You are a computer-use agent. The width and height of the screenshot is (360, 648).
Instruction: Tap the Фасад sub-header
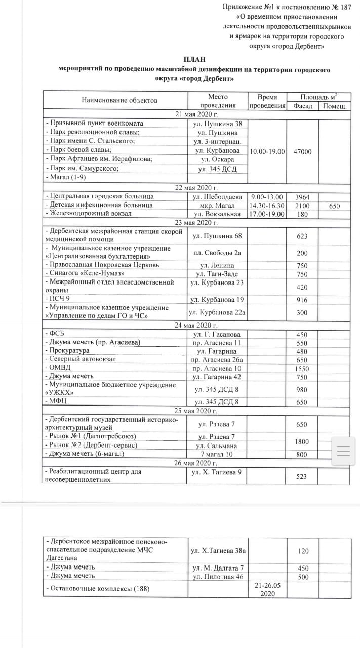pyautogui.click(x=302, y=106)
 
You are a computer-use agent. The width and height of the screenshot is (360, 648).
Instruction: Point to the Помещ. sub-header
pyautogui.click(x=334, y=106)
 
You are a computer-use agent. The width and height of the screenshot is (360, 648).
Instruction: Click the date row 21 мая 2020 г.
pyautogui.click(x=195, y=114)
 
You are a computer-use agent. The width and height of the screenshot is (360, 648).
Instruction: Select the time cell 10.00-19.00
pyautogui.click(x=267, y=151)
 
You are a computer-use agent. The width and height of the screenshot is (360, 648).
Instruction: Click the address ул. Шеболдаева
pyautogui.click(x=218, y=196)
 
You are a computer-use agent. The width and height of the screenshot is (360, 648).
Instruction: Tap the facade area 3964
pyautogui.click(x=302, y=196)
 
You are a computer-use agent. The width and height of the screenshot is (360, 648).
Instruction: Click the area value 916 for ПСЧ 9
pyautogui.click(x=302, y=299)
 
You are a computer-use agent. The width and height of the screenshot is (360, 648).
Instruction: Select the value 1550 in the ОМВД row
pyautogui.click(x=302, y=368)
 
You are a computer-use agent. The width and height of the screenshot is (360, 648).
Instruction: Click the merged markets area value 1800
pyautogui.click(x=302, y=441)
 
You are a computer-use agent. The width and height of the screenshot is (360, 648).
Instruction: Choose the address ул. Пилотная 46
pyautogui.click(x=218, y=577)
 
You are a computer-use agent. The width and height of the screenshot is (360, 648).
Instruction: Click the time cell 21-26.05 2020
pyautogui.click(x=267, y=589)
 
